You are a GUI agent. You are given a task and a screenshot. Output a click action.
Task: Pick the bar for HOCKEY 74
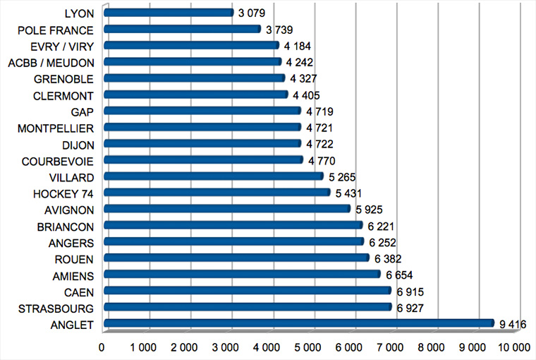click(217, 193)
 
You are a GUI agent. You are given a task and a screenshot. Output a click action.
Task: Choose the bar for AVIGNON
click(226, 209)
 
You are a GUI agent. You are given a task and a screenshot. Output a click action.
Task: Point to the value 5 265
click(343, 176)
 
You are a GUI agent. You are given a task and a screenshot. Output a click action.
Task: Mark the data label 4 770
click(322, 160)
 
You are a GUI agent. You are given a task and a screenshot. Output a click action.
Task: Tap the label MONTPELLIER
click(57, 127)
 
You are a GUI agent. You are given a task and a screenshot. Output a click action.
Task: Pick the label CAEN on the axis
click(80, 291)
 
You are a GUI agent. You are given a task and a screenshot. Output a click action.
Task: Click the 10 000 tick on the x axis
click(514, 347)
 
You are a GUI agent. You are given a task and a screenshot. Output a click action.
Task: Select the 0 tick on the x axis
click(103, 347)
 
